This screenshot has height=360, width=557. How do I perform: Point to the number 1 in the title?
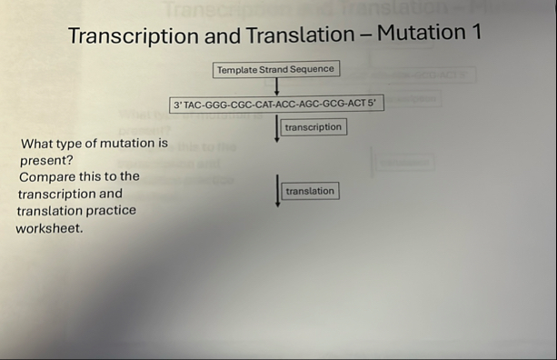point(475,32)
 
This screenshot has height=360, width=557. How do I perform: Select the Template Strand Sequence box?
point(275,69)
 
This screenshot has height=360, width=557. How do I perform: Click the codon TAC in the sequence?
point(194,105)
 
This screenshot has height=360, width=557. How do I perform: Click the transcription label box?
point(313,127)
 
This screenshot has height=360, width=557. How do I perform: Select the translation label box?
point(310,191)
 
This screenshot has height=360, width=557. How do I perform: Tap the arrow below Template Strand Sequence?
point(276,86)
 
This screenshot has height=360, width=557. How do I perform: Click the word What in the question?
point(36,144)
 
